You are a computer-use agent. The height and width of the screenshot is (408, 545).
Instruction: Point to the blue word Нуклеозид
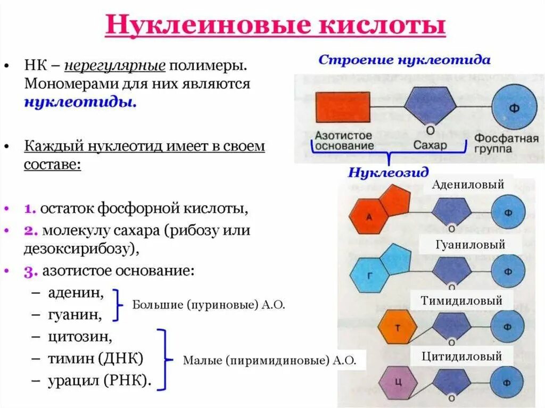point(389,173)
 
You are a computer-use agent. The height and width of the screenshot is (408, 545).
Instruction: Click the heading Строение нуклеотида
point(404,60)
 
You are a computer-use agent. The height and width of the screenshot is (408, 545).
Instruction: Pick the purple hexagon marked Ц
point(398,382)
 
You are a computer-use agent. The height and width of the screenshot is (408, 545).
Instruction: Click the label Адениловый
point(468,185)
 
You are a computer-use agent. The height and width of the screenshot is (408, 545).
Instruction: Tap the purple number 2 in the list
point(29,231)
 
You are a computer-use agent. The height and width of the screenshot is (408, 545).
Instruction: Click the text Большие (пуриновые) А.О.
point(209,305)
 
